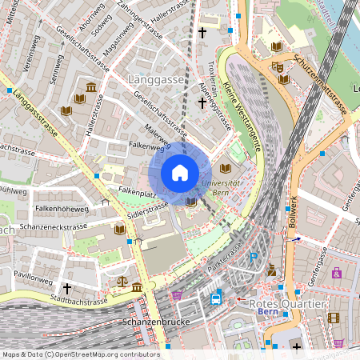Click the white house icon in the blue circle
(x=180, y=173)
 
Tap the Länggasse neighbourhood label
(x=157, y=79)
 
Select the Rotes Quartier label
(x=287, y=304)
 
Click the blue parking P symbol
(x=254, y=258)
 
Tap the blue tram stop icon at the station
(x=216, y=298)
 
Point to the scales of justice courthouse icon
(x=122, y=282)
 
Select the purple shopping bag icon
(x=337, y=273)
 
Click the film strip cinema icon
(x=334, y=318)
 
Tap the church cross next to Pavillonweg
(x=67, y=287)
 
